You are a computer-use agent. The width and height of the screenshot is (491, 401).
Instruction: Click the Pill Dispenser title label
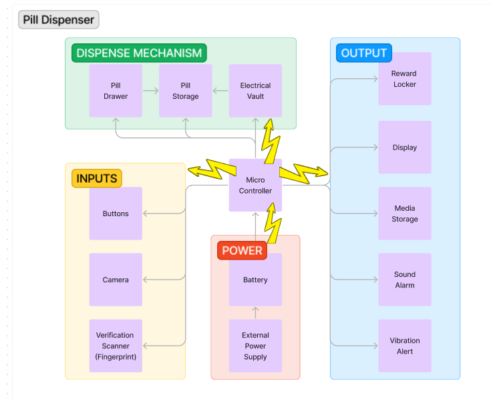(x=59, y=19)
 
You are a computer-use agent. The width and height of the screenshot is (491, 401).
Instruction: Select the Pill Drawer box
(x=116, y=91)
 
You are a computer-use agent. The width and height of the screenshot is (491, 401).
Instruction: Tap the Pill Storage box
(x=185, y=91)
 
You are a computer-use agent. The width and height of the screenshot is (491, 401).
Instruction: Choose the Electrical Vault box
(x=255, y=91)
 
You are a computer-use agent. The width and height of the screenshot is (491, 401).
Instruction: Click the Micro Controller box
(x=255, y=185)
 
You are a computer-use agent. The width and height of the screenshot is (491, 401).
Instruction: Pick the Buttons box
(x=116, y=214)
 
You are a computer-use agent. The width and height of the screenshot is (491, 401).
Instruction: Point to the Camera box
(x=116, y=280)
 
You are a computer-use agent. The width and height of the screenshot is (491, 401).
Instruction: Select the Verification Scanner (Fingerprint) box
(x=116, y=346)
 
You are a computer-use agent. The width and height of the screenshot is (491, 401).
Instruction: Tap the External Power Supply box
(x=255, y=346)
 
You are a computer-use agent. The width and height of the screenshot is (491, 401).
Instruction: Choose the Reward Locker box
(x=404, y=79)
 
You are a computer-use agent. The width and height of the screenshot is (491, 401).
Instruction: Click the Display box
(x=404, y=147)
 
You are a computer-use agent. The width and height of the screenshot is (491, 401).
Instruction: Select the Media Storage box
(x=404, y=214)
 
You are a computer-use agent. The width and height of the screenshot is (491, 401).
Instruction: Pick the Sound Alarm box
(x=404, y=280)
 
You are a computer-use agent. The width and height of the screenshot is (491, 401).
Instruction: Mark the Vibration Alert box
(x=404, y=346)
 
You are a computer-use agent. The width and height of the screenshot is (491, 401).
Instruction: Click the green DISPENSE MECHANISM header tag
(x=139, y=53)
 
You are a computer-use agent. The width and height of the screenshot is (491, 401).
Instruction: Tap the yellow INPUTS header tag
(x=97, y=178)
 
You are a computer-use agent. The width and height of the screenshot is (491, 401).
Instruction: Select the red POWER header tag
(x=242, y=250)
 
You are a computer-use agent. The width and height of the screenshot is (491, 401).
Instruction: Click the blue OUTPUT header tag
(x=363, y=53)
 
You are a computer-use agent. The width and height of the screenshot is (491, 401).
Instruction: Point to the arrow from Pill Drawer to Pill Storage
(x=150, y=91)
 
